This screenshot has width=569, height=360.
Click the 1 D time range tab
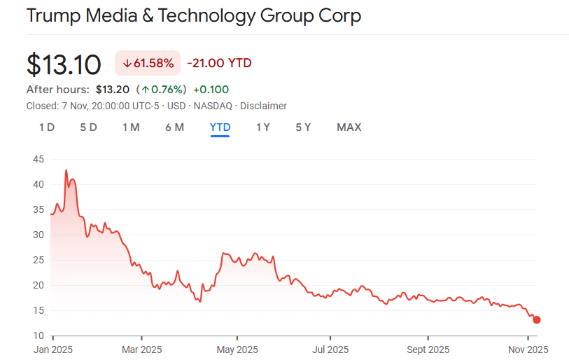click(47, 127)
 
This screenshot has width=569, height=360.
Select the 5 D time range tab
click(88, 127)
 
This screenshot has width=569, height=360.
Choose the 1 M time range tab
click(131, 127)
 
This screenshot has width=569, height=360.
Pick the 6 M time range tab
click(174, 127)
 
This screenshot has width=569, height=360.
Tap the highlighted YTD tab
click(220, 127)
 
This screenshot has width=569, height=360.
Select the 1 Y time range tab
click(263, 127)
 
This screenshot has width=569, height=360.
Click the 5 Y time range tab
click(303, 127)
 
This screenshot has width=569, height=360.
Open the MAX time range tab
click(349, 127)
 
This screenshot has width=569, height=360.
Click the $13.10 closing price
click(64, 64)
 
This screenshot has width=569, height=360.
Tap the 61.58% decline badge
click(148, 64)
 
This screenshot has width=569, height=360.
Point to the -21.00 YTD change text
click(219, 64)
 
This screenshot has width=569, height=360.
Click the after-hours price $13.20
click(113, 90)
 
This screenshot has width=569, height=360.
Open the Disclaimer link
click(263, 106)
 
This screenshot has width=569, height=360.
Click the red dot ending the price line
click(537, 320)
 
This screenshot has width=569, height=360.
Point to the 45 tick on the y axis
click(38, 160)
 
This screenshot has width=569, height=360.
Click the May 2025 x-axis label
click(237, 349)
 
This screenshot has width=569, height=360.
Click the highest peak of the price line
click(66, 170)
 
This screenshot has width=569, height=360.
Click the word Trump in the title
click(53, 15)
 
